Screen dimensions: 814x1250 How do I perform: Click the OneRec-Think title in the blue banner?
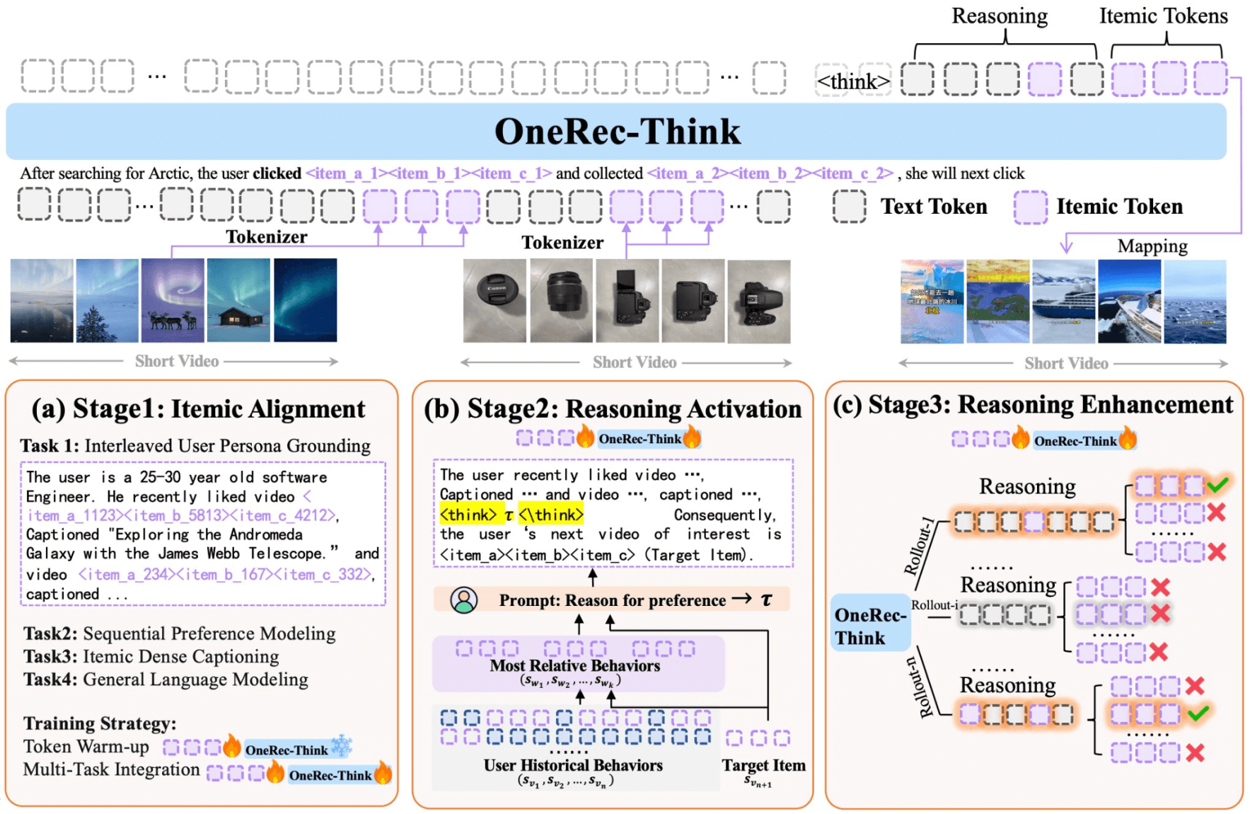617,132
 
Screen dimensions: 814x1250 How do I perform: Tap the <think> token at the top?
853,81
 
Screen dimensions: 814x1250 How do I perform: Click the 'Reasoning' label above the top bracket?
999,16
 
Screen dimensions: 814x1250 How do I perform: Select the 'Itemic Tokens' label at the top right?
1163,16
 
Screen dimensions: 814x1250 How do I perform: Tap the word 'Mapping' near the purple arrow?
1152,246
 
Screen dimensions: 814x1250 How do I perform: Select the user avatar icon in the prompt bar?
464,600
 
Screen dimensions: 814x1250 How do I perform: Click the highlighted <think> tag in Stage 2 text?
468,515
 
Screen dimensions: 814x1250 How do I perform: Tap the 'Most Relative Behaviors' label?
574,665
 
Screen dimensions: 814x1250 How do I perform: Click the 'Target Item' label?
763,765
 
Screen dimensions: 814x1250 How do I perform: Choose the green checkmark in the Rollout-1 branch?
1217,485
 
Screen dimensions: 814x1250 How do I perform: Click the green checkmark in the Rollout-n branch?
1198,713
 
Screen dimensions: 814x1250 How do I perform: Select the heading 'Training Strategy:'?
100,723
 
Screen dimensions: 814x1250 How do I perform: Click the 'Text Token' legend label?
933,207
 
